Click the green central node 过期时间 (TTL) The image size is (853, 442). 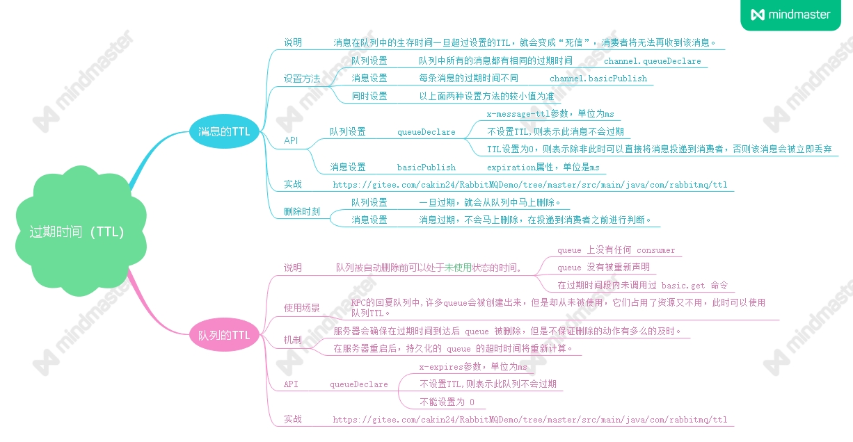tap(77, 232)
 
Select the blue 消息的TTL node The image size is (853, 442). tap(224, 131)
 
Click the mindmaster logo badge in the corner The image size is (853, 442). tap(790, 15)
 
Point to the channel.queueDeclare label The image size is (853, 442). tap(652, 61)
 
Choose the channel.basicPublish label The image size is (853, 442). tap(598, 79)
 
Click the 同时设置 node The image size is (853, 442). tap(369, 97)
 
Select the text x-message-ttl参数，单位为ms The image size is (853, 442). tap(550, 114)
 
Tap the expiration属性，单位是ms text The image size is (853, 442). tap(543, 167)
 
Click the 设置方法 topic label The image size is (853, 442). tap(302, 79)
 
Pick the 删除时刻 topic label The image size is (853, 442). tap(302, 211)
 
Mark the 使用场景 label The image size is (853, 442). tap(302, 307)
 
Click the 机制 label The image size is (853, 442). tap(293, 340)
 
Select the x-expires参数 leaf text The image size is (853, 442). tap(472, 366)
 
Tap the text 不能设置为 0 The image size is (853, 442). tap(447, 402)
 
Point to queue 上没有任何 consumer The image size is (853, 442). tap(616, 250)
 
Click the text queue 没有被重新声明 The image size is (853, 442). tap(603, 268)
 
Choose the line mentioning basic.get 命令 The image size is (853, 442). tap(642, 285)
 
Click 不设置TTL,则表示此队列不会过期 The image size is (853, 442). tap(487, 384)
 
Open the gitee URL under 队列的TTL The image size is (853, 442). tap(529, 420)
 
